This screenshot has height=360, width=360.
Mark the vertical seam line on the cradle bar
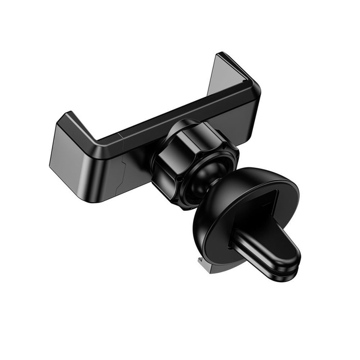[120, 138]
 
